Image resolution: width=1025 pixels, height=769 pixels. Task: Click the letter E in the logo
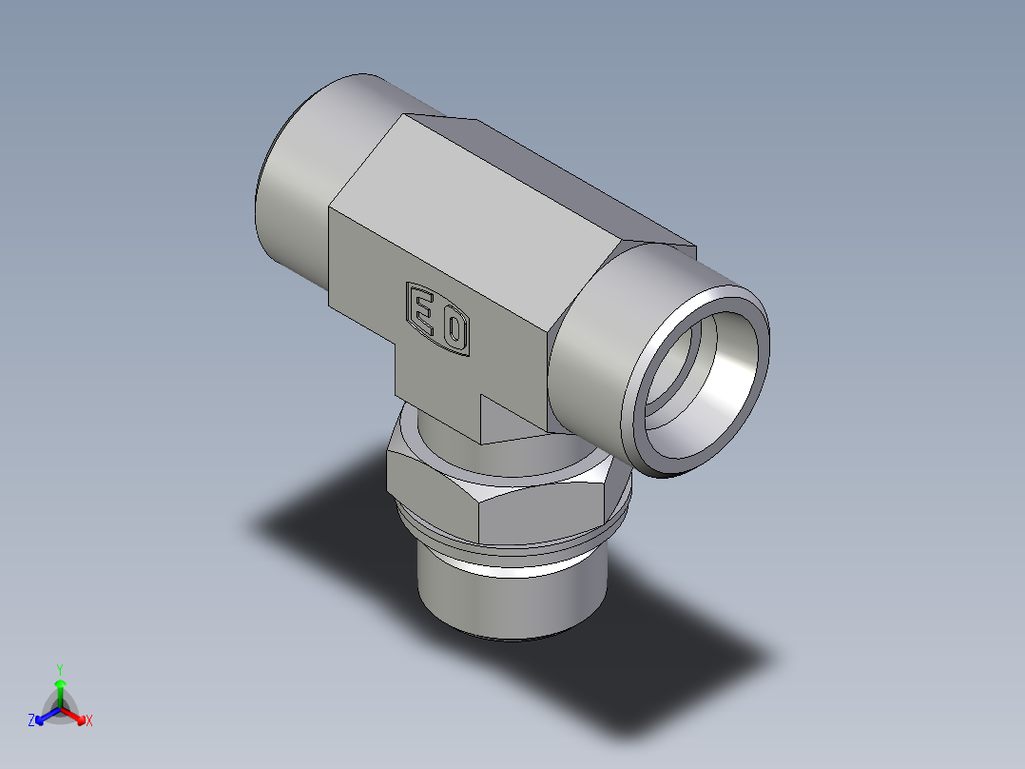tap(421, 307)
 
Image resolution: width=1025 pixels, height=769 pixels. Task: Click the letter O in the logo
tap(454, 331)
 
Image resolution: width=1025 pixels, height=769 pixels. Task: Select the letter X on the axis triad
tap(89, 721)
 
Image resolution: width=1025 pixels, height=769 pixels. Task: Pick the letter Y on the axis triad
tap(60, 668)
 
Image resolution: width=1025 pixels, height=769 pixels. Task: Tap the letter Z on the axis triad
tap(31, 721)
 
